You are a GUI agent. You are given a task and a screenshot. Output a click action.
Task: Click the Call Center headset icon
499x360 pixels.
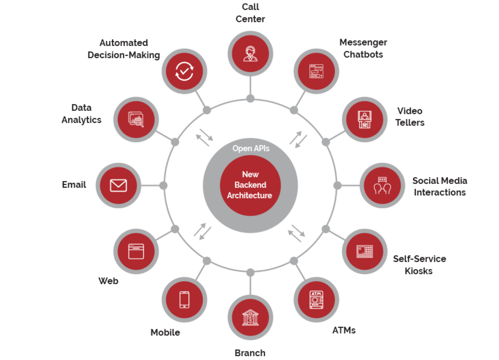click(x=250, y=53)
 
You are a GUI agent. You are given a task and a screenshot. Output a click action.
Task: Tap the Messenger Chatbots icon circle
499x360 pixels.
click(x=316, y=71)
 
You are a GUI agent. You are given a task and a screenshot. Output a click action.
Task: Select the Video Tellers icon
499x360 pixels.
click(x=365, y=120)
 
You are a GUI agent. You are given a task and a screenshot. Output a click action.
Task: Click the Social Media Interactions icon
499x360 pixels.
click(x=382, y=185)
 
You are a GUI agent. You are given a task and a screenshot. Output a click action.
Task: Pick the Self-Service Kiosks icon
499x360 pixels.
click(x=365, y=251)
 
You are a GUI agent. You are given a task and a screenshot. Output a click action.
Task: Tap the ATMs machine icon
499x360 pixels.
click(x=316, y=300)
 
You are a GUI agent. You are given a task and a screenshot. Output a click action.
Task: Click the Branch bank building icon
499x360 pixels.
click(x=250, y=317)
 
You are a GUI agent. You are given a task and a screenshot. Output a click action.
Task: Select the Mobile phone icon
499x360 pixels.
click(x=184, y=300)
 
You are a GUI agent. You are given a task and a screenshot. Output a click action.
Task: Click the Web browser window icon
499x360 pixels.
click(x=136, y=251)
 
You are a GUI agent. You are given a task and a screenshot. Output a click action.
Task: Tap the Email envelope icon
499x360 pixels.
click(x=118, y=185)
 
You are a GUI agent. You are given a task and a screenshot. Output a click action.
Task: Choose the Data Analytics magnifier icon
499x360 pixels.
click(x=136, y=120)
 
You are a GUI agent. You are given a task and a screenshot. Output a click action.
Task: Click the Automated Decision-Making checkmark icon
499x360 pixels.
click(x=184, y=71)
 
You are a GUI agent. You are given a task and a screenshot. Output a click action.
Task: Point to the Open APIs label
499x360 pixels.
click(x=251, y=148)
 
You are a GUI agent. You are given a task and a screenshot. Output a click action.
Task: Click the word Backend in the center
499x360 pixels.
click(x=250, y=185)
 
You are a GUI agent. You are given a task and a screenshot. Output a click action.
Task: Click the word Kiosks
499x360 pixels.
click(x=418, y=271)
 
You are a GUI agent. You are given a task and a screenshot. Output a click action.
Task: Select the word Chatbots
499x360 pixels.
click(x=363, y=55)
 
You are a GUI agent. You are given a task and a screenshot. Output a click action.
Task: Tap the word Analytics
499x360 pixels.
click(x=81, y=120)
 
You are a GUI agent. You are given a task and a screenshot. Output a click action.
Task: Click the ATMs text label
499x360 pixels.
click(x=344, y=330)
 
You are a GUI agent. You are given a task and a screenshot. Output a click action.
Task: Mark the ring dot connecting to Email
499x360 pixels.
click(x=163, y=186)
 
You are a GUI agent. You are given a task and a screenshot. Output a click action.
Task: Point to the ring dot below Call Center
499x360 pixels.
click(x=250, y=98)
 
